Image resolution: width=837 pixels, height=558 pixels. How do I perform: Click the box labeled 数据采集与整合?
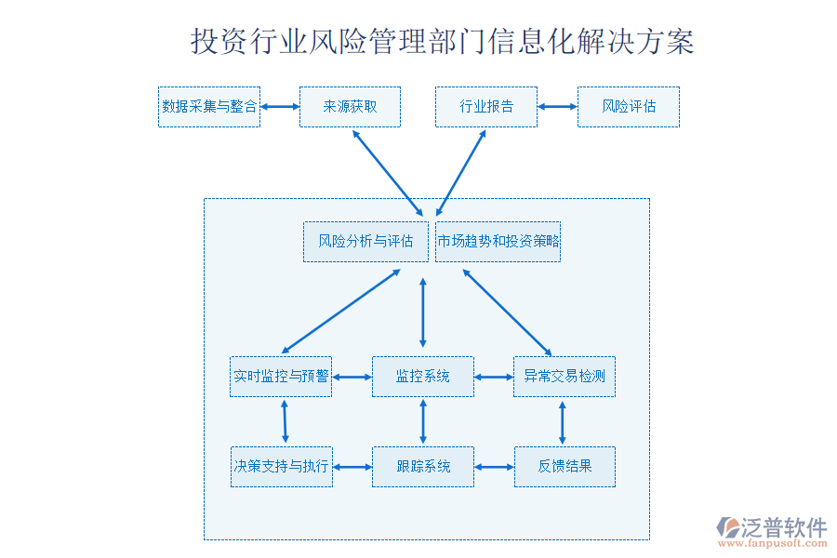click(209, 107)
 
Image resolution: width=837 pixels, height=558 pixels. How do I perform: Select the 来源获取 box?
click(350, 107)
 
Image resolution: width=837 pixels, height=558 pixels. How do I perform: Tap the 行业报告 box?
click(485, 107)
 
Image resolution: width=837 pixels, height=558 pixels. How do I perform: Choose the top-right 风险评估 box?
click(628, 107)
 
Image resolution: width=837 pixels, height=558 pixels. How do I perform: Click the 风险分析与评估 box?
click(365, 242)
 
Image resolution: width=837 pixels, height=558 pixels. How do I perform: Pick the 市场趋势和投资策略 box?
click(498, 242)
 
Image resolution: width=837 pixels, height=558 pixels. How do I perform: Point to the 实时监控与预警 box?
click(281, 377)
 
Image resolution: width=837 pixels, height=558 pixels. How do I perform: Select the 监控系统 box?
click(423, 377)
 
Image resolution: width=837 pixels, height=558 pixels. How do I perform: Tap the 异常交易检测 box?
click(565, 377)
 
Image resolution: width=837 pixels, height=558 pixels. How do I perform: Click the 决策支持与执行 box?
click(281, 467)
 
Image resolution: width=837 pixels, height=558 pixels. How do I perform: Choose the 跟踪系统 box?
click(423, 467)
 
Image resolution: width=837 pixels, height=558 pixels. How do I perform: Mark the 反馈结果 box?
click(565, 467)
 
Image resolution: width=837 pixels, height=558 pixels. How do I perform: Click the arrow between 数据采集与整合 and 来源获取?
click(279, 107)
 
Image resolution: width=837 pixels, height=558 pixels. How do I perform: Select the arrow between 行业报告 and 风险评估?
click(557, 107)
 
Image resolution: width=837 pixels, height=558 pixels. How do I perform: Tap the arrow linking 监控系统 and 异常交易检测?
click(494, 377)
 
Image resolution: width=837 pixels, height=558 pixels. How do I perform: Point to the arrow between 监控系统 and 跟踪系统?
click(423, 421)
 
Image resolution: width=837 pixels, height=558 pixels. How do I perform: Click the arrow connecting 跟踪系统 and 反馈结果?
click(494, 467)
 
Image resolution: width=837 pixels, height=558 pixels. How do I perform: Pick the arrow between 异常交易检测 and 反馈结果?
click(562, 421)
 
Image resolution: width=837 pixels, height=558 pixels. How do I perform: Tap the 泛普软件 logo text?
click(783, 528)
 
